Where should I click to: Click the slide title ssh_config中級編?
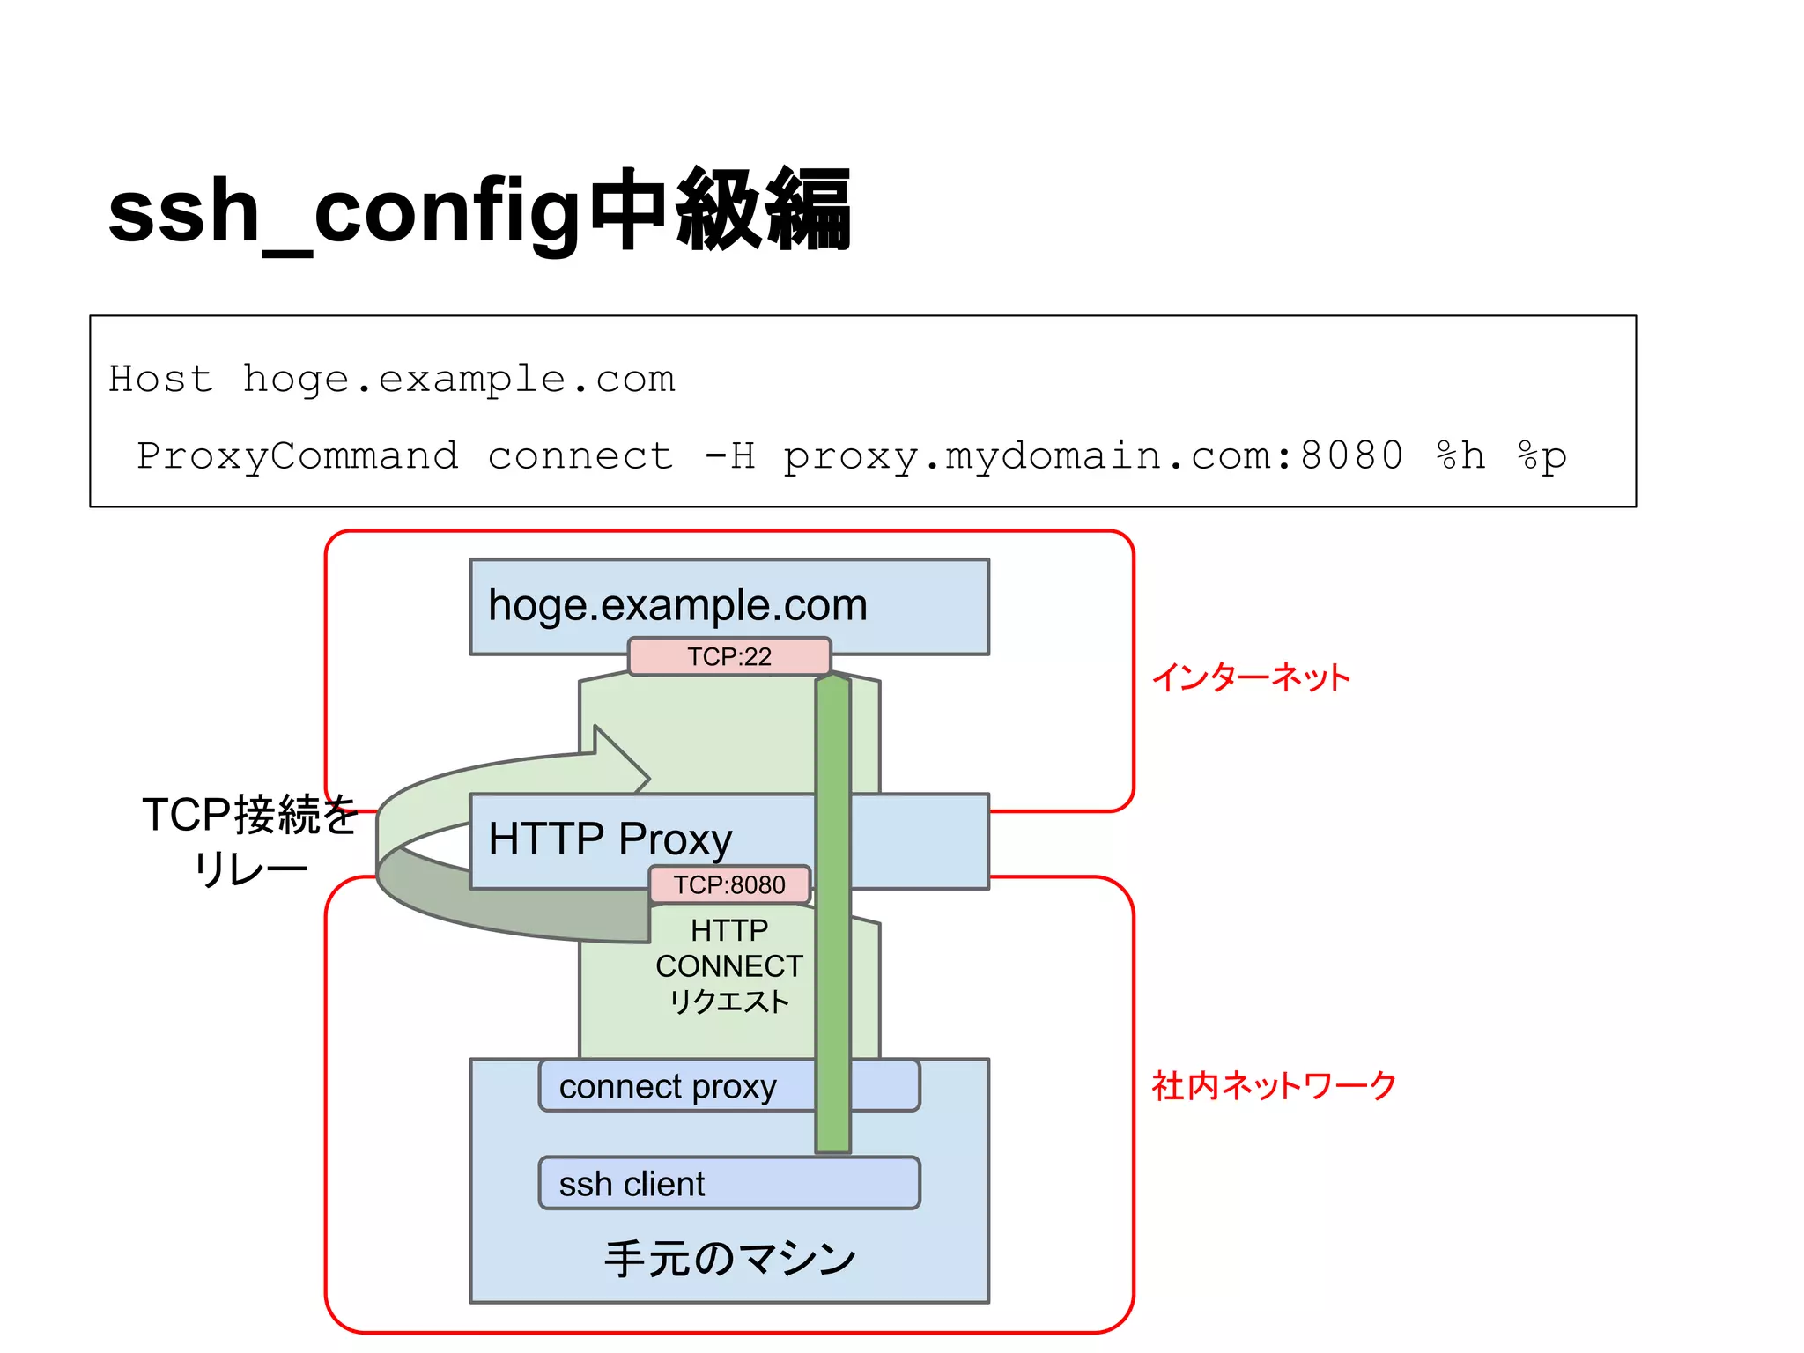[479, 211]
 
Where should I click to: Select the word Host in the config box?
[160, 379]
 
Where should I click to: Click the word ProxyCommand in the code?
[298, 456]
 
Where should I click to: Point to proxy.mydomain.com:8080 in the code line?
[1092, 456]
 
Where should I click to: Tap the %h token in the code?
[1460, 456]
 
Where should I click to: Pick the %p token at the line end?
[1542, 456]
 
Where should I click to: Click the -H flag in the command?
[729, 456]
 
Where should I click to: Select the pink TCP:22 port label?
[729, 657]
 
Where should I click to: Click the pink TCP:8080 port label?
[729, 885]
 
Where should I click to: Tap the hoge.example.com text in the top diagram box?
[677, 605]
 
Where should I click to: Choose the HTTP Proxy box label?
[610, 839]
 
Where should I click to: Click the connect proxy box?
[668, 1087]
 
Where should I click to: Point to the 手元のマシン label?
[729, 1258]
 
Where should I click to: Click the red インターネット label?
[1251, 677]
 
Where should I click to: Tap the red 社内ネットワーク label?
[1274, 1086]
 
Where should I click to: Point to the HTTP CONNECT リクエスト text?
[729, 966]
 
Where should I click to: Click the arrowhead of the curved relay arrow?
[620, 759]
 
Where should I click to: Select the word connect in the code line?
[580, 456]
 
